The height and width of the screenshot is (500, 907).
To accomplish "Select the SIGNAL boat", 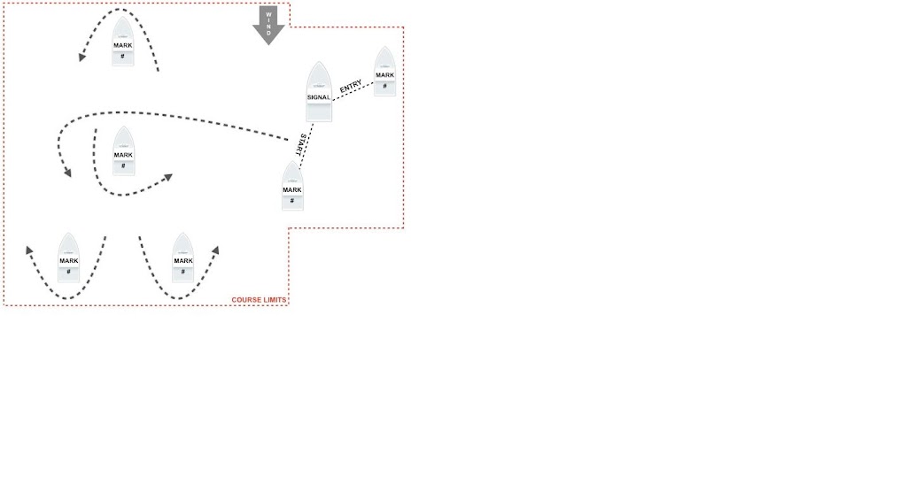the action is coord(319,92).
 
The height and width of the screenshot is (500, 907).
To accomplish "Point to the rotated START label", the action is coord(304,145).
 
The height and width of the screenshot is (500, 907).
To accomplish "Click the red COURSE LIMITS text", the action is coord(259,300).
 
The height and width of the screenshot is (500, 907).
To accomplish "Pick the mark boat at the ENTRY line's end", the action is coord(384,72).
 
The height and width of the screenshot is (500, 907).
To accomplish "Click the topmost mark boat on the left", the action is coord(123,42).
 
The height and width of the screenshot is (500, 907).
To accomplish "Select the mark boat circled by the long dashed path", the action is coord(123,151).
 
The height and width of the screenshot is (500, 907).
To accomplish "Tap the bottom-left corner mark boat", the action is coord(68,258).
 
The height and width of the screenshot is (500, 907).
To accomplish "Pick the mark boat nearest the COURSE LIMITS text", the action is coord(182,258).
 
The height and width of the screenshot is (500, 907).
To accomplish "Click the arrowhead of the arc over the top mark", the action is coord(81,58).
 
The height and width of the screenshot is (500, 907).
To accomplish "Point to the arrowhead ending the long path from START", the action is coord(67,172).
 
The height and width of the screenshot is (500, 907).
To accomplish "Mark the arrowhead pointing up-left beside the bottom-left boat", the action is coord(29,251).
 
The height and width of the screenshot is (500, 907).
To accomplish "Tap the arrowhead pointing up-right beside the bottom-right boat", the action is coord(214,251).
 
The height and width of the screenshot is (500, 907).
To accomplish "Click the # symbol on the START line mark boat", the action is coord(292,201).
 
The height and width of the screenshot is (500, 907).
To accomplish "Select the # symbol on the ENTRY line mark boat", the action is coord(384,86).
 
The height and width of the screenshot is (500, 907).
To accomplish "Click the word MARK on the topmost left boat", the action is coord(123,44).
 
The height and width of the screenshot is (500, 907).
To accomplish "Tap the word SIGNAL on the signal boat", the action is coord(319,96).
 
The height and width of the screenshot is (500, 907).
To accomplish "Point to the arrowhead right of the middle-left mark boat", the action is coord(167,178).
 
